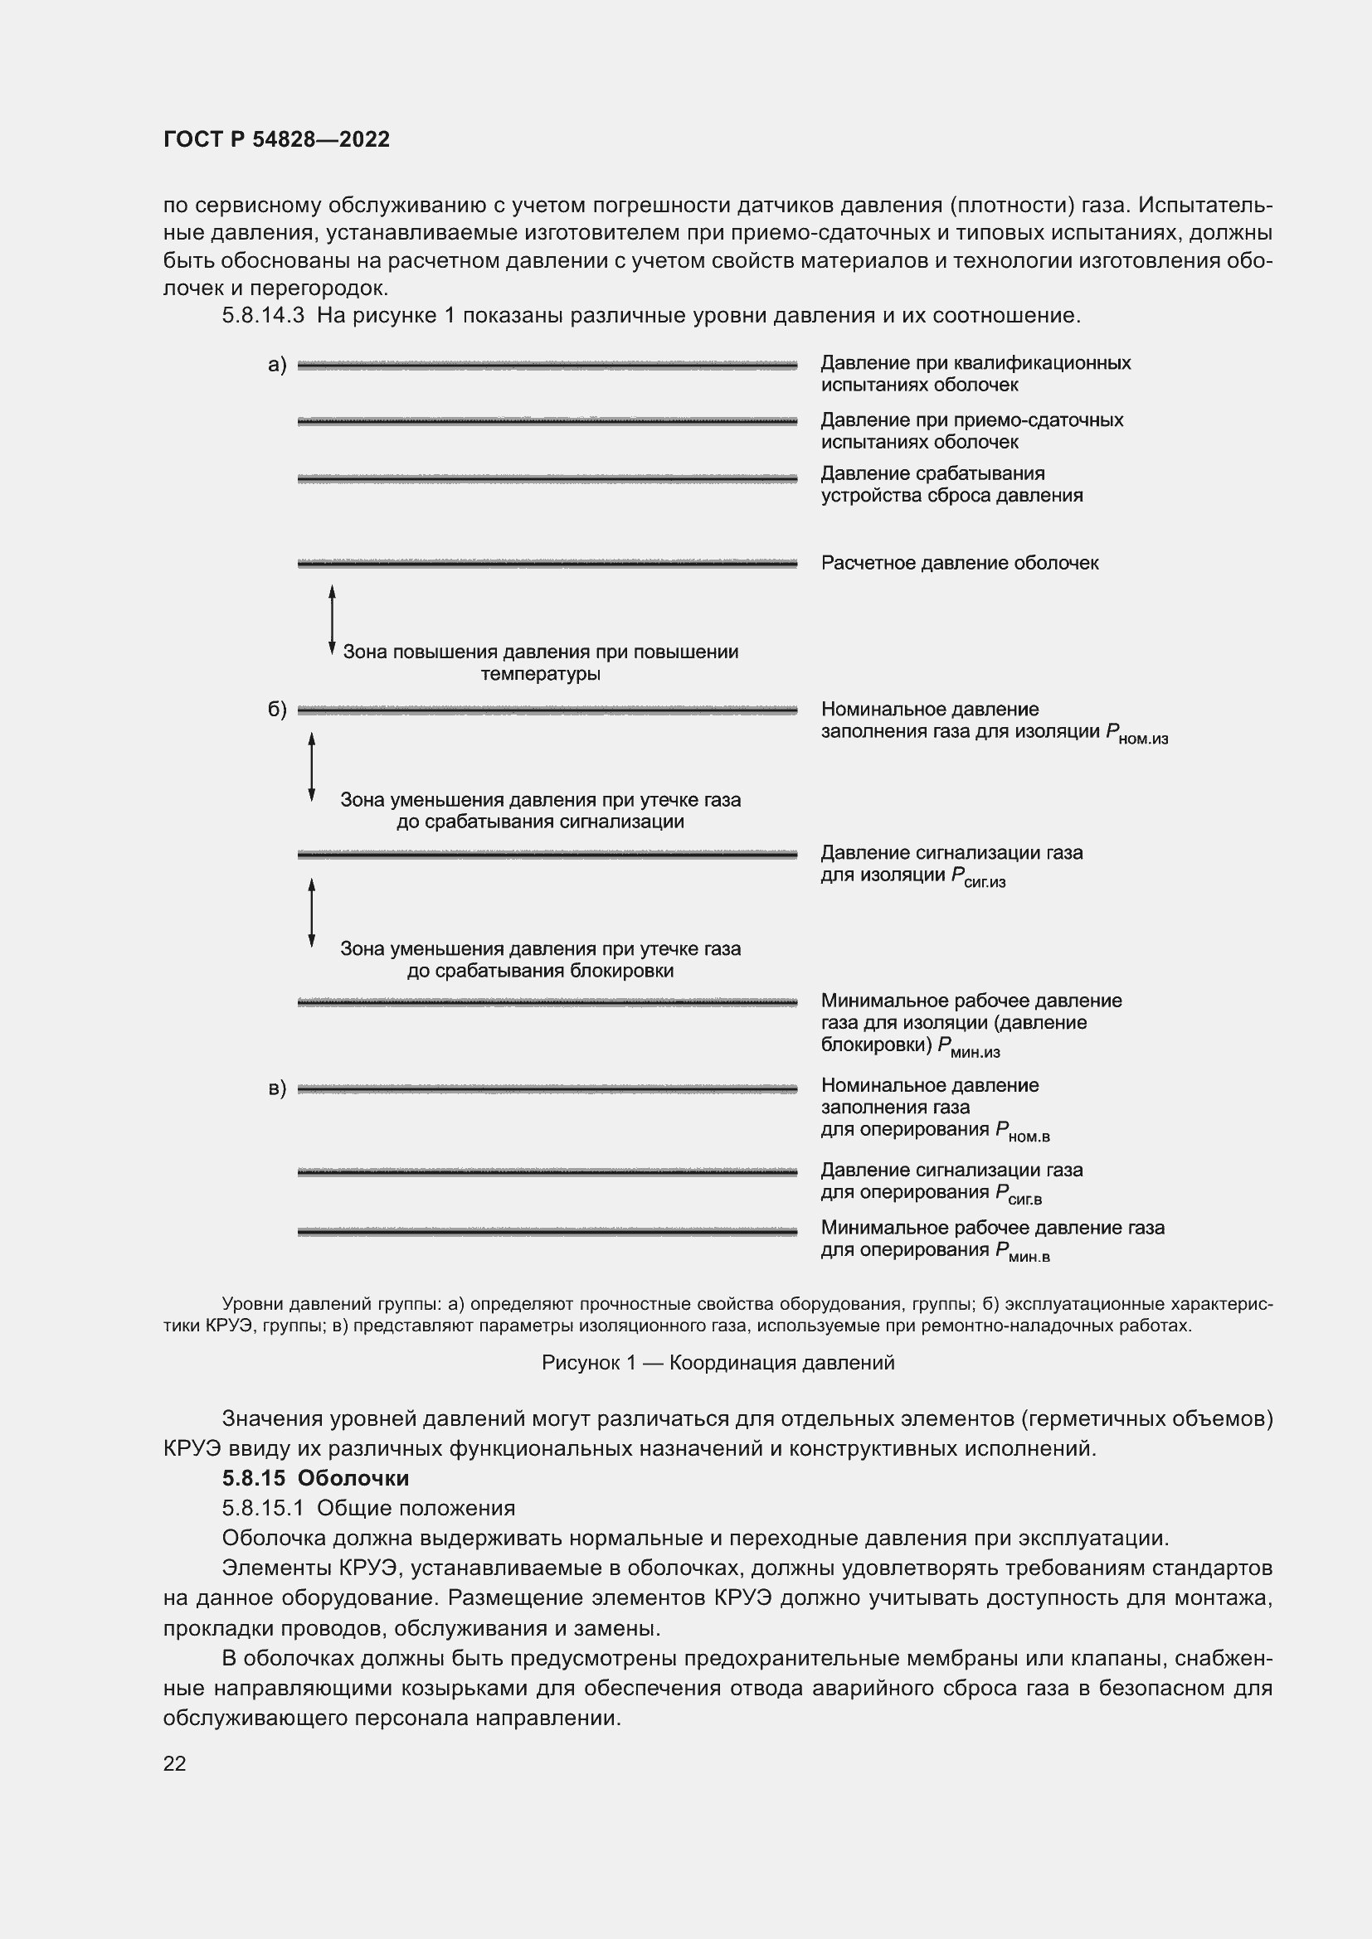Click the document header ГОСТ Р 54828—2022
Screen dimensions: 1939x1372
pos(276,139)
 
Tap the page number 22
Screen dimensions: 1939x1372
pos(175,1763)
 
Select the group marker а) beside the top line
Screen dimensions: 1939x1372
pos(277,365)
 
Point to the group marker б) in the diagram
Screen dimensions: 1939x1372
pos(277,710)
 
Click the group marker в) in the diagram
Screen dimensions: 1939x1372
pos(277,1088)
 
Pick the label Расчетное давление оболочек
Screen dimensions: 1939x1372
pos(960,563)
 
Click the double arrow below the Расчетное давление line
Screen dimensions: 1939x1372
pos(332,620)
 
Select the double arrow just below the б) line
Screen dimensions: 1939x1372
pos(312,766)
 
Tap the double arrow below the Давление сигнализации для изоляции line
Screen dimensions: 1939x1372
pos(312,912)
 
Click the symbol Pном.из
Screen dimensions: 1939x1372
pos(1136,734)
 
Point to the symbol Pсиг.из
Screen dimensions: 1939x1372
pos(978,877)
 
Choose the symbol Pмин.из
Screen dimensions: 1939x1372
pos(968,1047)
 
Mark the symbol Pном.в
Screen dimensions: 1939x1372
pos(1022,1132)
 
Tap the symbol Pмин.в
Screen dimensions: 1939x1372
pos(1022,1253)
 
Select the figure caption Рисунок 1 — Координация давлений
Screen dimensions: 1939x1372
pos(718,1362)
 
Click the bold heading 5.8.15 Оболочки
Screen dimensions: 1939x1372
pos(315,1478)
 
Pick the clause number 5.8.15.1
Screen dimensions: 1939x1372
pos(264,1507)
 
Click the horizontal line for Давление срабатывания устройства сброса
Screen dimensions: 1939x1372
pos(547,479)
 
